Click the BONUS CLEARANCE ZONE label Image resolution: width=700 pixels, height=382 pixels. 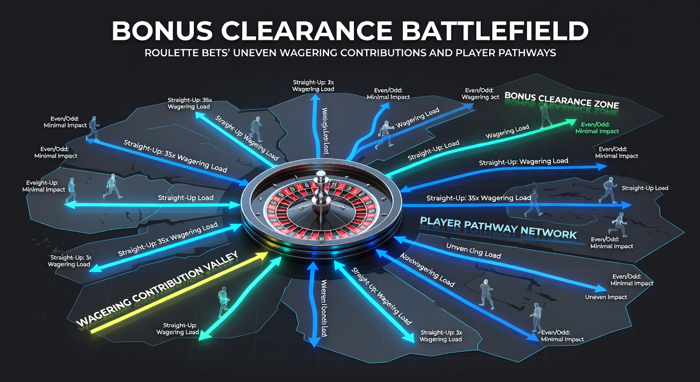561,99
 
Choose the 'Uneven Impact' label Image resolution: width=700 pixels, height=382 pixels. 606,297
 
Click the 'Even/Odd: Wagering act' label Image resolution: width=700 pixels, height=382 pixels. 481,94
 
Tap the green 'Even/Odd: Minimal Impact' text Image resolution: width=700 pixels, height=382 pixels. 597,128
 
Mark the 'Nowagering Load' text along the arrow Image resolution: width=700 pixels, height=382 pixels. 427,270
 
